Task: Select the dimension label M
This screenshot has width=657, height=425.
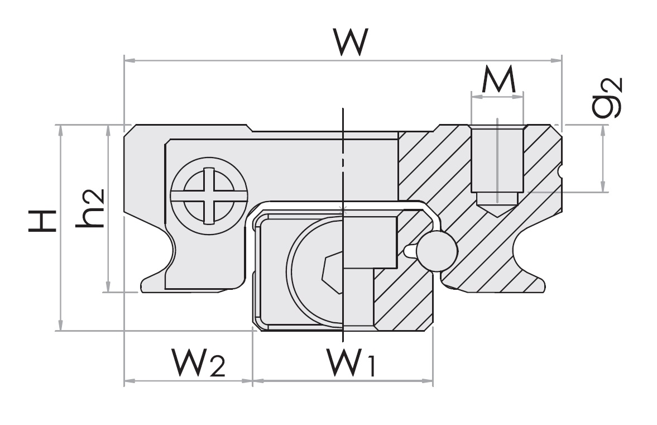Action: [x=498, y=82]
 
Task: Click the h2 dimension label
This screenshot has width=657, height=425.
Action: [x=90, y=208]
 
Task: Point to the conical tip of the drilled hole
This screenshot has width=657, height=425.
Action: [x=497, y=210]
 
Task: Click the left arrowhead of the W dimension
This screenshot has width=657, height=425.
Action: [x=128, y=58]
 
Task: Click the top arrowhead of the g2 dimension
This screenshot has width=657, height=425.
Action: [x=602, y=129]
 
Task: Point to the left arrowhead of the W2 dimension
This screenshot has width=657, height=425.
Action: [x=128, y=381]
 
